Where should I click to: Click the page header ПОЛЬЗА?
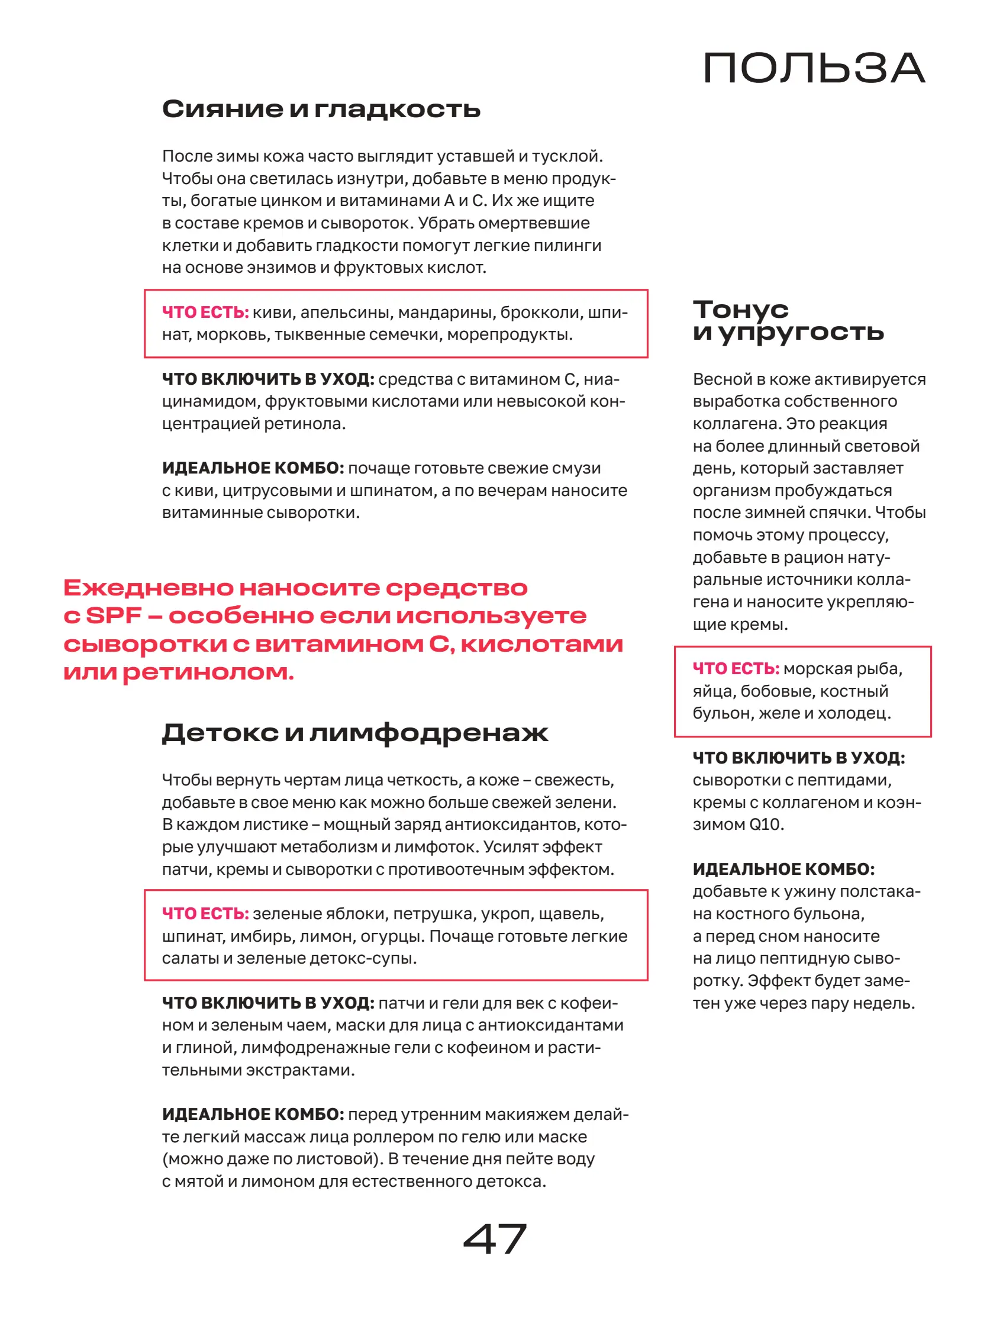click(x=813, y=68)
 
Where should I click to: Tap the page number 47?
click(x=494, y=1238)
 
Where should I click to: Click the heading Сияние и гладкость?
click(x=321, y=109)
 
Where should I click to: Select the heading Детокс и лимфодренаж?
click(x=355, y=732)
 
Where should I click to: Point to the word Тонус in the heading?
click(x=740, y=309)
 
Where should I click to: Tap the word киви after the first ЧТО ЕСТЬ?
click(x=272, y=312)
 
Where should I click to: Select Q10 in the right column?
click(x=764, y=825)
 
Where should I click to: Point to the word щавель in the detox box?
click(x=578, y=913)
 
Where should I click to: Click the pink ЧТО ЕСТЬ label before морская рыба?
click(x=735, y=669)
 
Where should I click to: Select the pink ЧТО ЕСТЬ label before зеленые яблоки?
click(x=205, y=913)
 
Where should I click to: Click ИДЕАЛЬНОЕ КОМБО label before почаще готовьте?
click(x=253, y=468)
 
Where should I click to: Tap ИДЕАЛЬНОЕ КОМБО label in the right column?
click(x=783, y=870)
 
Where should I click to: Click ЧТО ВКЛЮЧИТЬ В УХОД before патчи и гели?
click(x=268, y=1003)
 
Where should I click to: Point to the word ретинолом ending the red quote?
click(x=208, y=673)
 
